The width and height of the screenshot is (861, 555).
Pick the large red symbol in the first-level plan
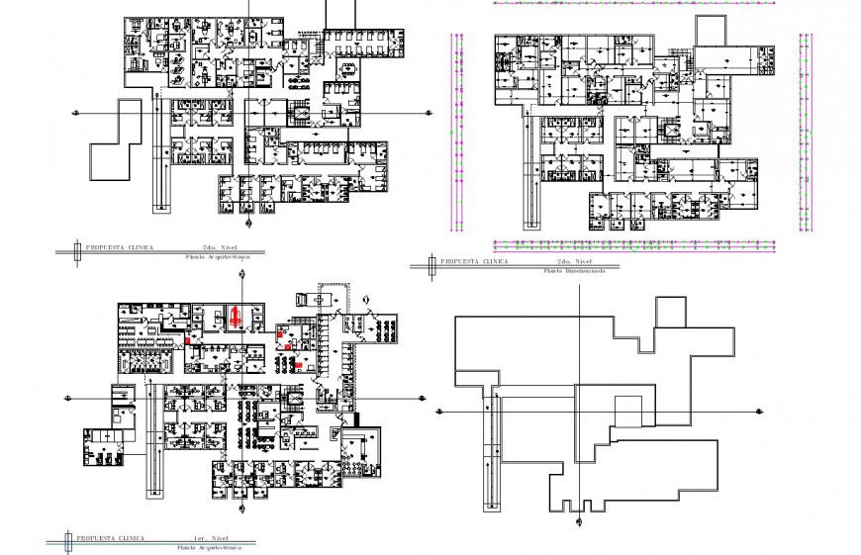tap(236, 316)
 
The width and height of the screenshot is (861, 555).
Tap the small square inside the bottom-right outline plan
tap(628, 412)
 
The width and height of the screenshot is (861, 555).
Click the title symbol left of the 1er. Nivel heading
tap(66, 539)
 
